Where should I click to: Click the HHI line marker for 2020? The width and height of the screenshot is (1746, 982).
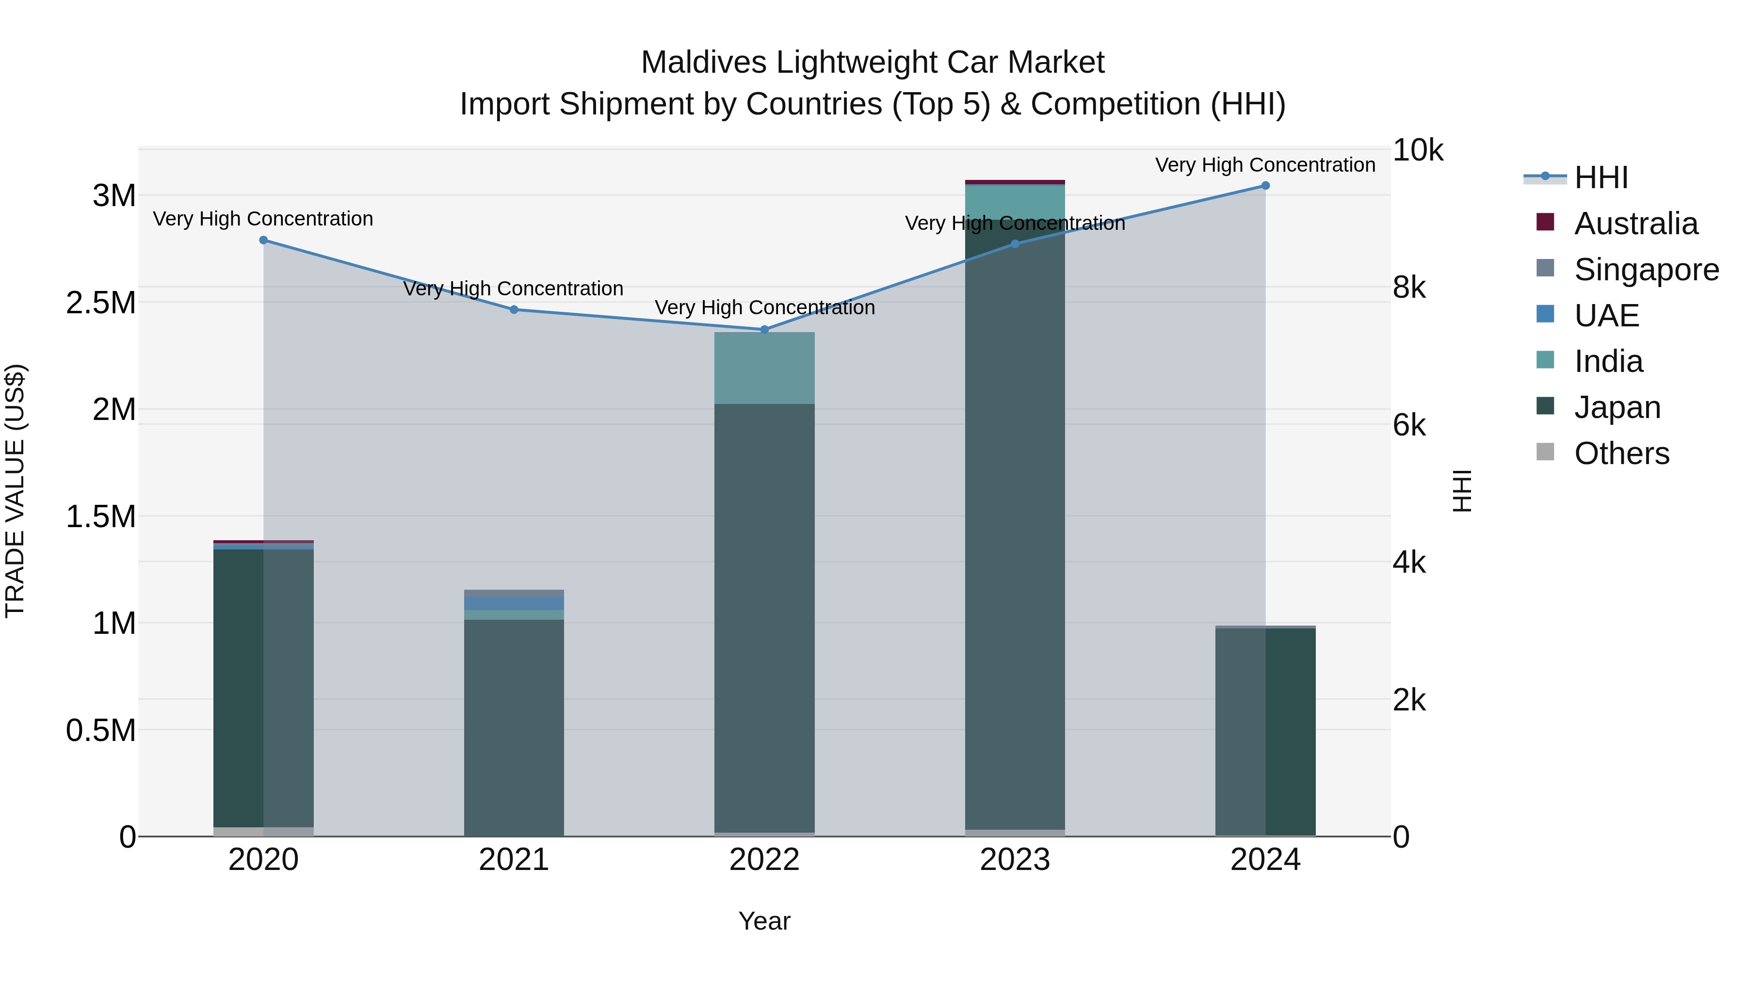pyautogui.click(x=264, y=240)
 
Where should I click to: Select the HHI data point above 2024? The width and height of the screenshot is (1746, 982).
pyautogui.click(x=1265, y=186)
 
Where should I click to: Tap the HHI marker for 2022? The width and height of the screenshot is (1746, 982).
pyautogui.click(x=764, y=329)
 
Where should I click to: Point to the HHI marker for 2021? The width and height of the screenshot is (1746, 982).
pyautogui.click(x=514, y=310)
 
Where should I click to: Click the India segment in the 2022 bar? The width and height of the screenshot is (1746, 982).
pyautogui.click(x=764, y=368)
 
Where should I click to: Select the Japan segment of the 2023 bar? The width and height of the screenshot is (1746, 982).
pyautogui.click(x=1015, y=542)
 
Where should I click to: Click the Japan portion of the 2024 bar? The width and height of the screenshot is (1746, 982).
pyautogui.click(x=1265, y=732)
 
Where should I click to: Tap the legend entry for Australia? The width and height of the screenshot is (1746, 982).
pyautogui.click(x=1635, y=224)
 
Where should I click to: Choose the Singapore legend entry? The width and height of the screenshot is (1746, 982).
pyautogui.click(x=1646, y=270)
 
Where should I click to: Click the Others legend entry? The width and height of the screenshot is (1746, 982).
pyautogui.click(x=1621, y=453)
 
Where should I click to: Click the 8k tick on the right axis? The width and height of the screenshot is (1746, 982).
pyautogui.click(x=1409, y=288)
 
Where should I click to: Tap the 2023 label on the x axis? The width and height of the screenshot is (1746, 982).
pyautogui.click(x=1015, y=860)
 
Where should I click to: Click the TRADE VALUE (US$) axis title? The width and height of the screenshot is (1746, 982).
pyautogui.click(x=16, y=491)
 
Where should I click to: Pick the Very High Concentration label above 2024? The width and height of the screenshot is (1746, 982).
pyautogui.click(x=1265, y=165)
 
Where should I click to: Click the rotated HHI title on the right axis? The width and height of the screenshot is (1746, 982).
pyautogui.click(x=1462, y=491)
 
